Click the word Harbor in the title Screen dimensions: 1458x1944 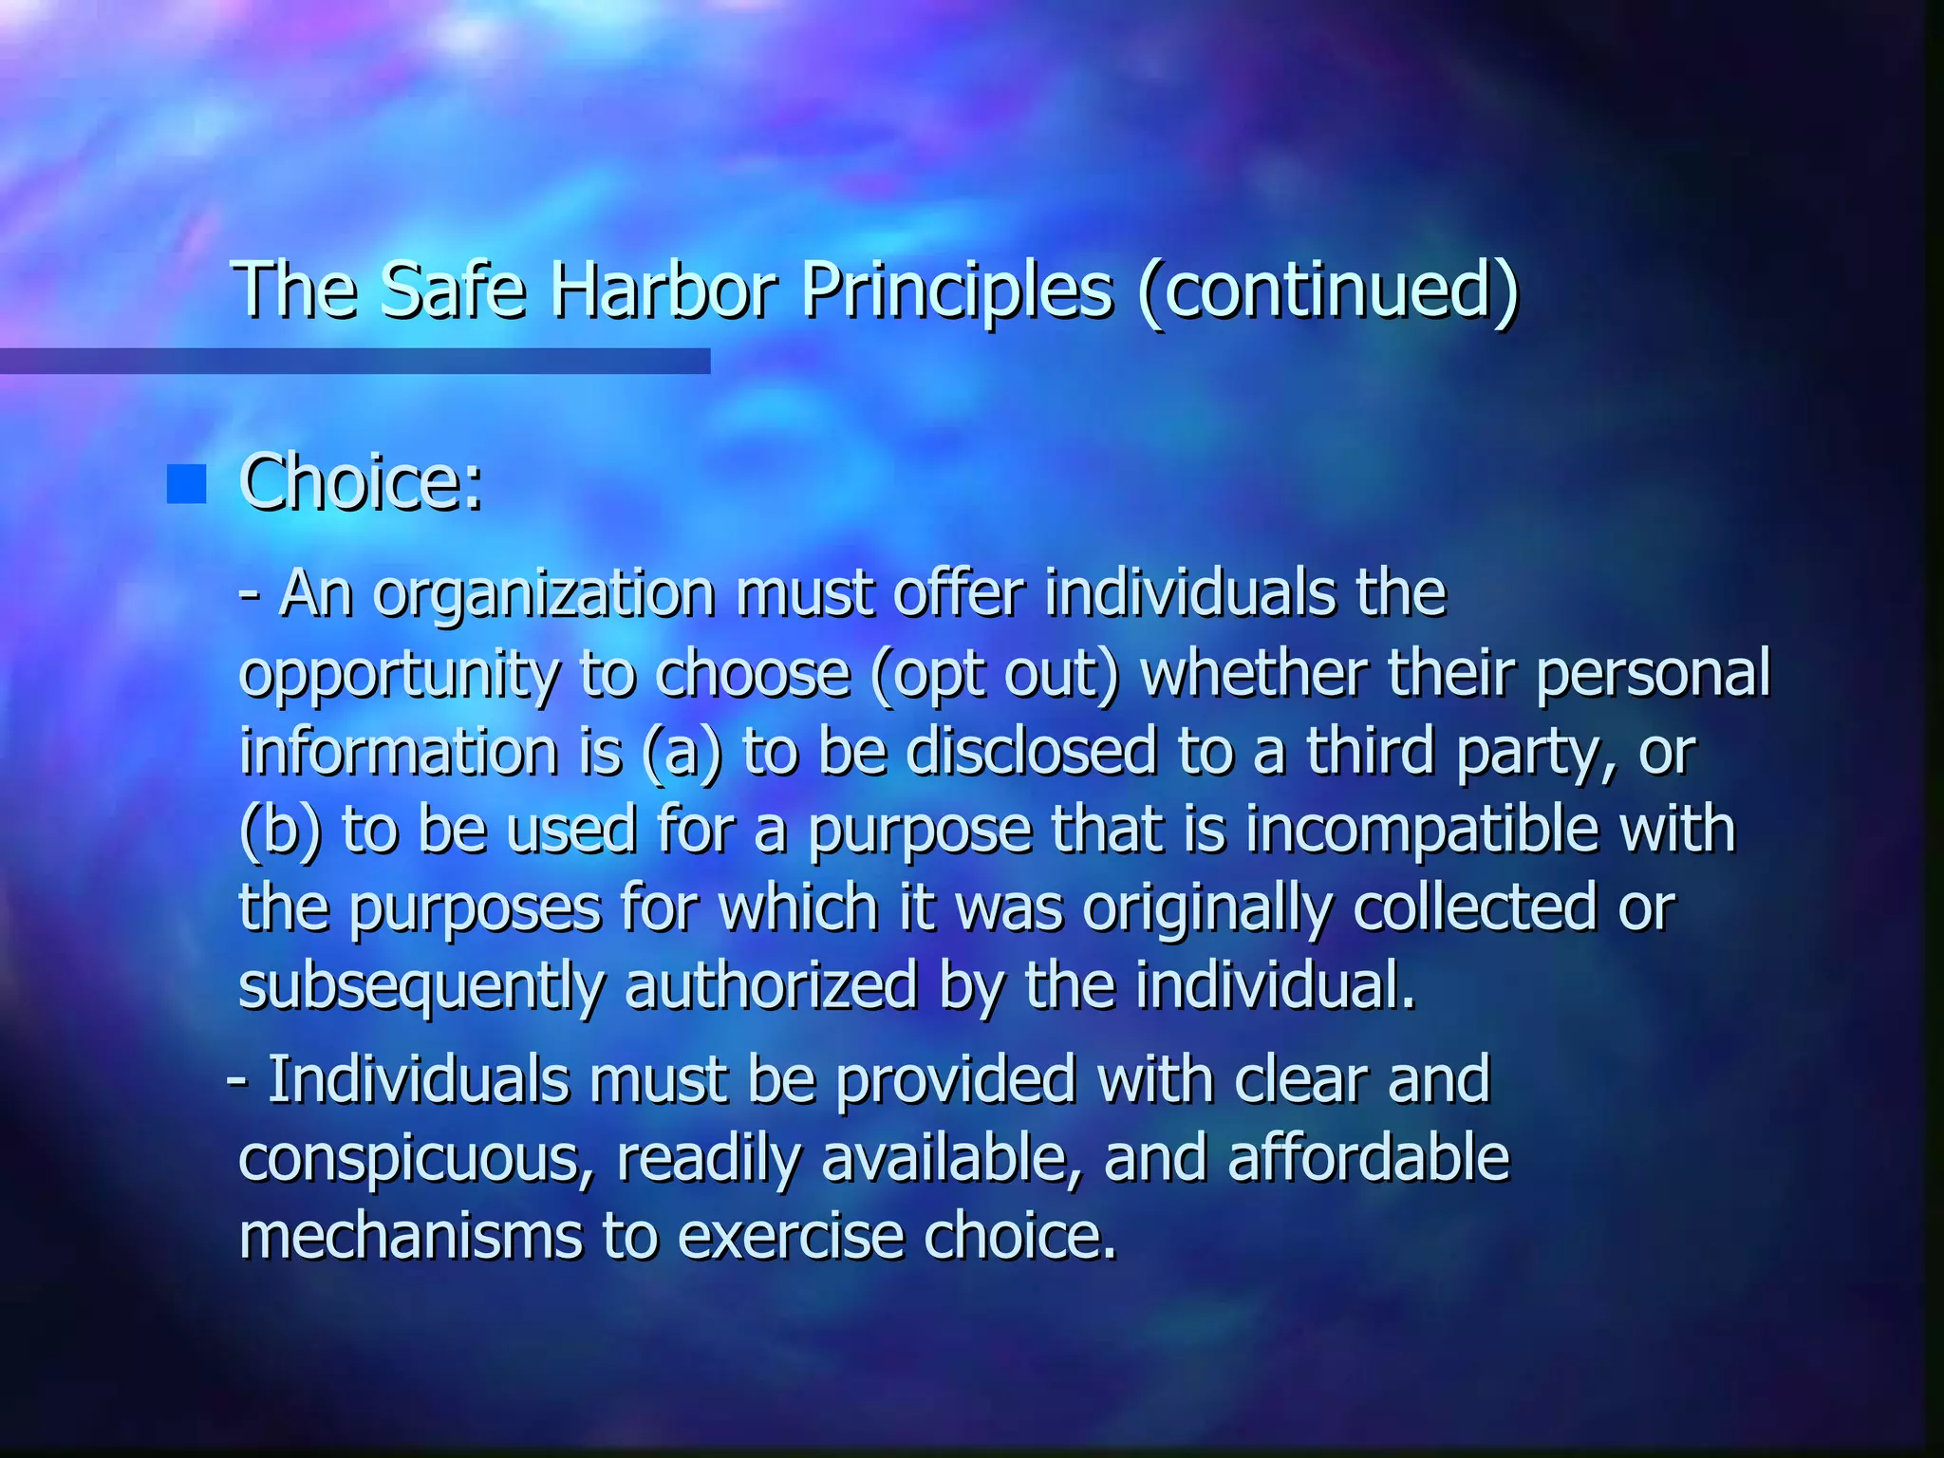(664, 290)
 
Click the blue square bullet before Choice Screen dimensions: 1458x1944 (186, 484)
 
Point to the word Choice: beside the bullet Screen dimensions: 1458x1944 (362, 482)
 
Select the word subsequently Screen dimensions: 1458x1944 (421, 987)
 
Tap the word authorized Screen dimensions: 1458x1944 (771, 987)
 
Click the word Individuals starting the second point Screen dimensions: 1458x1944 (417, 1080)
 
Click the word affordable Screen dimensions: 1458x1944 (1368, 1158)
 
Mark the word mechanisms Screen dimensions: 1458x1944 (410, 1237)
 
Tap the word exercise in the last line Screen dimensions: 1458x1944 (790, 1237)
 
